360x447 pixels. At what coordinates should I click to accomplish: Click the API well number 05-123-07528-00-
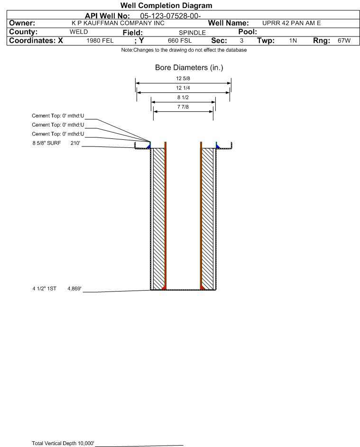coord(170,16)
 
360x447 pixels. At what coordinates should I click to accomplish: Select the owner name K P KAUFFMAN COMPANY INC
coord(118,23)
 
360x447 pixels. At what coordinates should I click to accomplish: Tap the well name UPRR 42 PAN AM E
coord(292,23)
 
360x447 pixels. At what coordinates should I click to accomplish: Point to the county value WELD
coord(79,32)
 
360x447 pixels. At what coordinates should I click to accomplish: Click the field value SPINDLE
coord(192,33)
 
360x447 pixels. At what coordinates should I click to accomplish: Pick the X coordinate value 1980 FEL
coord(100,41)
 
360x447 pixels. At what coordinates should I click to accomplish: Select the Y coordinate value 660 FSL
coord(180,41)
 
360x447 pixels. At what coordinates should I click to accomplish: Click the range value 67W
coord(344,41)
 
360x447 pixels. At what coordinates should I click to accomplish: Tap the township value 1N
coord(293,41)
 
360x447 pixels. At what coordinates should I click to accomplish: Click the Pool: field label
coord(248,32)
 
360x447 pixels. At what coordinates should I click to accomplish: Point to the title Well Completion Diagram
coord(166,5)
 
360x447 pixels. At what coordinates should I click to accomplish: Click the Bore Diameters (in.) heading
coord(189,68)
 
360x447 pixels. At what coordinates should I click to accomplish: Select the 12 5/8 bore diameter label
coord(183,78)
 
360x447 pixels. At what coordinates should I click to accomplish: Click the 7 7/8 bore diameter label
coord(183,107)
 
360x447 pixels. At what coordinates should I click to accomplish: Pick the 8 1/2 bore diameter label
coord(183,98)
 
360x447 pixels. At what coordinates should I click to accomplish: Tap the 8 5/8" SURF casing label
coord(46,143)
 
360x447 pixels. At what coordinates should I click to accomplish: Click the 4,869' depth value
coord(74,289)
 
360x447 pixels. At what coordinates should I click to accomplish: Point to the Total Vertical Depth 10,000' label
coord(63,443)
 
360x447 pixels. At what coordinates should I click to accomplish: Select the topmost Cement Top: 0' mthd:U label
coord(58,116)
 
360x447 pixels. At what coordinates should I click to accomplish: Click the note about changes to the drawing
coord(184,50)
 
